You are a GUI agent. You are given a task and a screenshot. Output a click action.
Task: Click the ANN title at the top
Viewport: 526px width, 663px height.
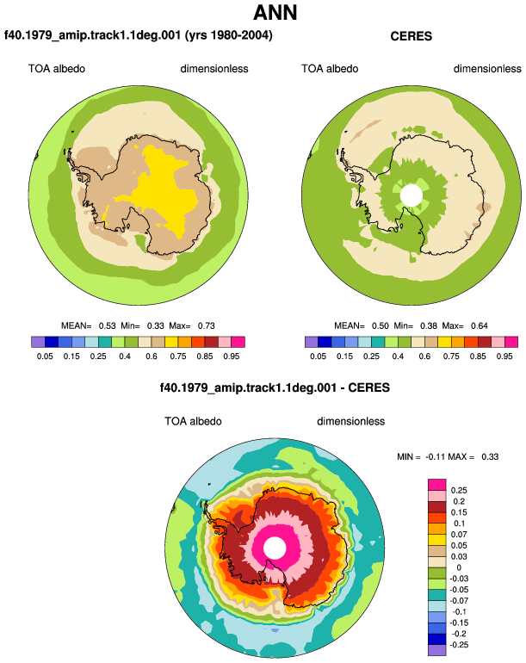click(275, 13)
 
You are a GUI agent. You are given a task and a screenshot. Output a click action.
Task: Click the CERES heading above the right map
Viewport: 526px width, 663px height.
click(411, 36)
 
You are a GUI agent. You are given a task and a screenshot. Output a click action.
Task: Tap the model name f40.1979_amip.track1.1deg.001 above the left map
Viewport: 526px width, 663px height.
click(93, 34)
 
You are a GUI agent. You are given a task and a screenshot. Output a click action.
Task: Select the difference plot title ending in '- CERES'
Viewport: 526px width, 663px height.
click(275, 387)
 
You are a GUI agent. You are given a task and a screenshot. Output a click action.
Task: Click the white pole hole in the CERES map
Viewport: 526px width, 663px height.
click(411, 195)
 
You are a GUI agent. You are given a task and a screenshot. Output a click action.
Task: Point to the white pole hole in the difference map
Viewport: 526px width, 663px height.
click(275, 548)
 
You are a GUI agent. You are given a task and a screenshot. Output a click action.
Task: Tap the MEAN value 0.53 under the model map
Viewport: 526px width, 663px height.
click(108, 325)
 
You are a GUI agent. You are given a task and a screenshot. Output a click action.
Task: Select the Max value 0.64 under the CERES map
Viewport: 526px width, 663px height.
click(479, 325)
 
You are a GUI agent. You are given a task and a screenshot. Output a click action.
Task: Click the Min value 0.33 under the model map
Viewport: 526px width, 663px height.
click(156, 325)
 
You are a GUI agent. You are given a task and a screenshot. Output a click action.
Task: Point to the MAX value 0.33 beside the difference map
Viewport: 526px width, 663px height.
click(490, 456)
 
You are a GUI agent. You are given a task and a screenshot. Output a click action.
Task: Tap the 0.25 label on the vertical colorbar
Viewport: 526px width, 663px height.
click(459, 491)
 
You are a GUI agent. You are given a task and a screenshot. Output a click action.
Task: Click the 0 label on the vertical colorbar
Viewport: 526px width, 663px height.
click(459, 567)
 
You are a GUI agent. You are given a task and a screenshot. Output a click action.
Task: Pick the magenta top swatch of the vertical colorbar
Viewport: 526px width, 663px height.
click(437, 485)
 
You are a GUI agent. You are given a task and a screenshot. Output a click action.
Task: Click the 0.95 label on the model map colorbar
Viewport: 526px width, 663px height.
click(232, 356)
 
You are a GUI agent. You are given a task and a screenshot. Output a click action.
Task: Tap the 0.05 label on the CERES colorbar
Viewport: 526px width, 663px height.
click(318, 356)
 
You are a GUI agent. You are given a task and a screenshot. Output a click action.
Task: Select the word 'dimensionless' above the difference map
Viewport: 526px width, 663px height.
click(351, 421)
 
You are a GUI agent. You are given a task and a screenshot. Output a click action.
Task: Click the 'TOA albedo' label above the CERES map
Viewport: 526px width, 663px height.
click(330, 69)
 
